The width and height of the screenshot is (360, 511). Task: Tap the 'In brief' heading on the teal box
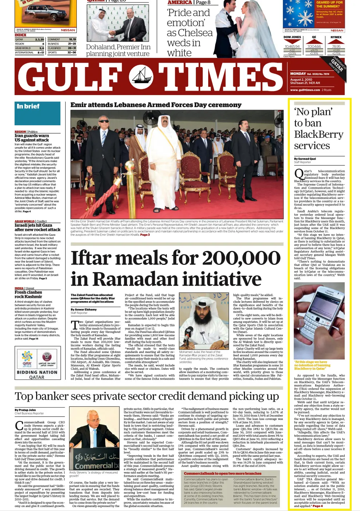(x=28, y=106)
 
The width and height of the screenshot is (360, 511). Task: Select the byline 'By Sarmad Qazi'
(x=305, y=159)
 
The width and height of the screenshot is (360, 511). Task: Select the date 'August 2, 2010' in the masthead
(x=301, y=79)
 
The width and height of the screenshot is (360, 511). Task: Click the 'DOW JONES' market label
(x=292, y=37)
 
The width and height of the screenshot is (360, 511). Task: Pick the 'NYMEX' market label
(x=336, y=37)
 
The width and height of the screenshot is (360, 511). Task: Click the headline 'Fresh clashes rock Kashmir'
(x=28, y=294)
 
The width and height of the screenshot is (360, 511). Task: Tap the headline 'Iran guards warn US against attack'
(x=32, y=138)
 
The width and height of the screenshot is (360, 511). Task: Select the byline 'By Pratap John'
(x=25, y=410)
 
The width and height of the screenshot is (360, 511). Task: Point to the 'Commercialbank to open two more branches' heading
(x=222, y=473)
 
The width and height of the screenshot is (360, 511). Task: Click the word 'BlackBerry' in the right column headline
(x=319, y=134)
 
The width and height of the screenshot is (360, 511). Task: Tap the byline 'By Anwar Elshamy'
(x=84, y=310)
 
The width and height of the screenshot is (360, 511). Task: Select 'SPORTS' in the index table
(x=52, y=52)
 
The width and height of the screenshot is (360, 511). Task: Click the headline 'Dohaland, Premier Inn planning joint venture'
(x=118, y=50)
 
